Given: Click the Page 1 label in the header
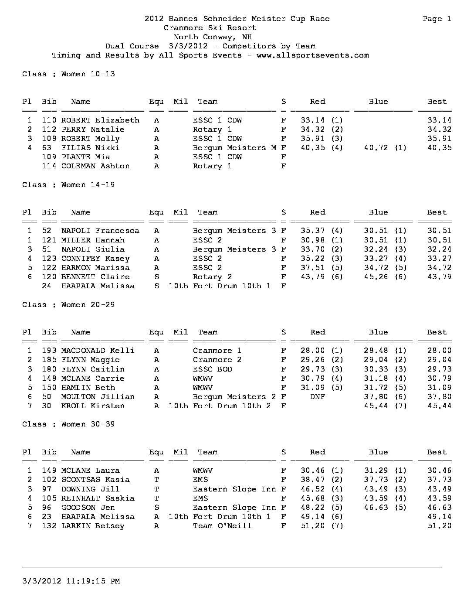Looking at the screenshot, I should [437, 19].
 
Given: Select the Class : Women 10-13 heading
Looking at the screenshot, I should [68, 74].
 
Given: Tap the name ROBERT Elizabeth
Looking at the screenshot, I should [100, 120].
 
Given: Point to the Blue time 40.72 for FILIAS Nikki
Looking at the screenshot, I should [376, 148].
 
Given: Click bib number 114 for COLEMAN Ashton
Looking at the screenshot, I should [49, 166].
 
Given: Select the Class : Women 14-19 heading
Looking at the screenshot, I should [68, 185].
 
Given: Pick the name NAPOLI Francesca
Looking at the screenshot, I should [100, 231].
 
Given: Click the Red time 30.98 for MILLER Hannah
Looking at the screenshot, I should [312, 240].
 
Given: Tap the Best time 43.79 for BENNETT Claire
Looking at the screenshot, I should [439, 277].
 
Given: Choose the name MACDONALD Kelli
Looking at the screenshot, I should [98, 351].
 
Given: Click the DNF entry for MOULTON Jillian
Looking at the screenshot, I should [317, 397].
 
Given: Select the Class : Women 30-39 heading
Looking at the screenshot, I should [68, 424].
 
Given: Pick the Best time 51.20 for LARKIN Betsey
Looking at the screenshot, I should [439, 526].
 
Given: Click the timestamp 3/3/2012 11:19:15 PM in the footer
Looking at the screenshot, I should [71, 581].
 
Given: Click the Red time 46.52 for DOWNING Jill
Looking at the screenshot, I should [312, 489].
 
